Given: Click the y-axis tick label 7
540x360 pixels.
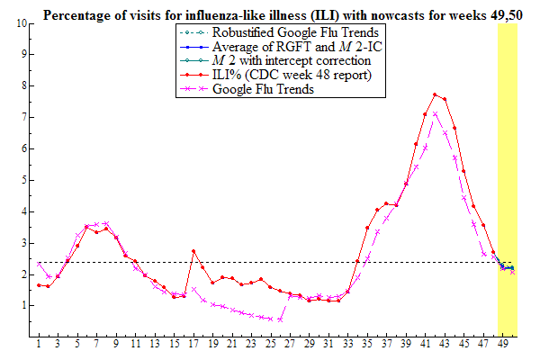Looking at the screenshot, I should tap(23, 117).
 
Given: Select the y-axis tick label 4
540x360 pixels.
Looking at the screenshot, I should tap(23, 211).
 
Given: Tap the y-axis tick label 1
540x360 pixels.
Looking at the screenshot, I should tap(23, 306).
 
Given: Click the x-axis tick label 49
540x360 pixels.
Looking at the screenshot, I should tap(502, 345).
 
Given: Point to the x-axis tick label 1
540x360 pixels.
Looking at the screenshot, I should tap(39, 345).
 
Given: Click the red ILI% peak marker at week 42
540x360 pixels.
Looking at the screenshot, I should tap(435, 94).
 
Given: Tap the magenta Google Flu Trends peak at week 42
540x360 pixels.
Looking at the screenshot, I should tap(435, 113).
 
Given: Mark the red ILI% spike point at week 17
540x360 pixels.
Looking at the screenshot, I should tap(193, 251).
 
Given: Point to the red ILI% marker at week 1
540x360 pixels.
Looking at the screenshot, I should tap(39, 285).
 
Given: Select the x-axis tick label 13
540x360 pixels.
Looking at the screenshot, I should tap(155, 345).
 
